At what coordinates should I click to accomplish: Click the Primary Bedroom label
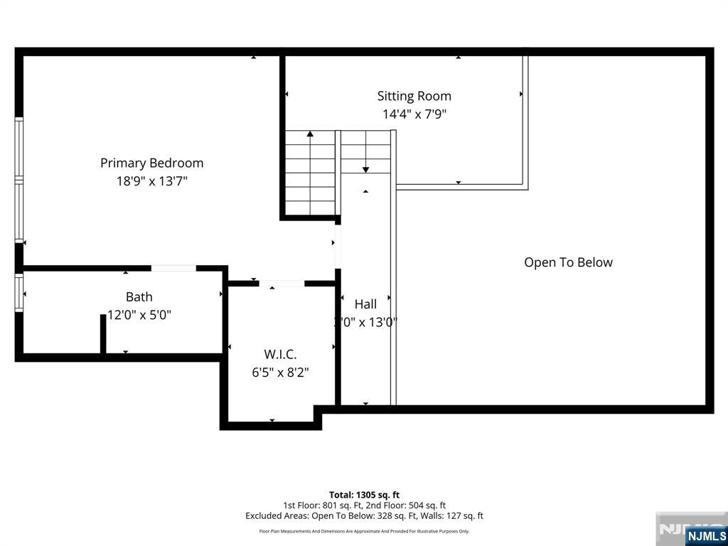pos(151,163)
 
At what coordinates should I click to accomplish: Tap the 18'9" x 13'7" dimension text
pos(151,181)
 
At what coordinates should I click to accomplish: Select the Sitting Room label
pos(414,96)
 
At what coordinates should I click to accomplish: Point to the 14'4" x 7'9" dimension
pos(414,114)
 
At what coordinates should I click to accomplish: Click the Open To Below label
pos(568,262)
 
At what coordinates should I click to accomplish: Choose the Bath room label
pos(139,296)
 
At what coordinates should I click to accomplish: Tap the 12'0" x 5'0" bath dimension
pos(139,314)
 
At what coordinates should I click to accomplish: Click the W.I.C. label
pos(280,354)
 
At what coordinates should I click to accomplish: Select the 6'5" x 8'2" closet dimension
pos(280,372)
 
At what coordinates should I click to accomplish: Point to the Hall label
pos(365,304)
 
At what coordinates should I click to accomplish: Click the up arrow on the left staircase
pos(310,133)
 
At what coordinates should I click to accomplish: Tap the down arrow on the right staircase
pos(365,168)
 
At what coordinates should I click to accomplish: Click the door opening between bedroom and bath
pos(173,268)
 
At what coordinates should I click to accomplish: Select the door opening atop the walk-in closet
pos(282,284)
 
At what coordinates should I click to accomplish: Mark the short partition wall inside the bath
pos(103,333)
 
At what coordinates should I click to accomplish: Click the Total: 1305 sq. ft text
pos(364,495)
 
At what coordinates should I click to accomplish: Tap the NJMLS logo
pos(706,535)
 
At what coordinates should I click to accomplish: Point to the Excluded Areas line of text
pos(364,516)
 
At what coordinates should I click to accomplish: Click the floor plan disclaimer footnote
pos(364,531)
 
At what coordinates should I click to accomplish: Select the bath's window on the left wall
pos(19,292)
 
